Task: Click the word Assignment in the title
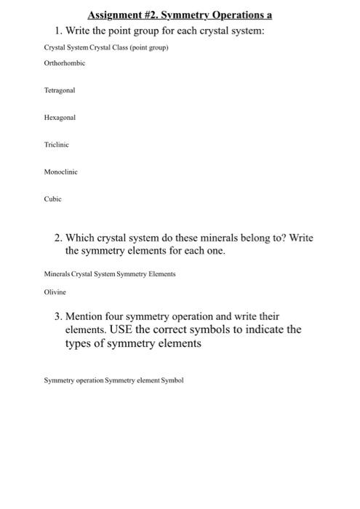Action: (x=116, y=15)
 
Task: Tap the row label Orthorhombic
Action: (x=64, y=63)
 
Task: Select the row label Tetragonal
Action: (x=60, y=90)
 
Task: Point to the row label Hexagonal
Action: (x=60, y=117)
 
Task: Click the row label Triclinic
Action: (x=57, y=145)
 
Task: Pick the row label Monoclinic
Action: (x=60, y=172)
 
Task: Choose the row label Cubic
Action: (x=52, y=199)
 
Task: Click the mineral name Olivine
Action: (x=55, y=292)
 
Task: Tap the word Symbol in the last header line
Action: (x=173, y=380)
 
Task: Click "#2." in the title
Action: (x=157, y=15)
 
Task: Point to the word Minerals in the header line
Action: (x=57, y=274)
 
